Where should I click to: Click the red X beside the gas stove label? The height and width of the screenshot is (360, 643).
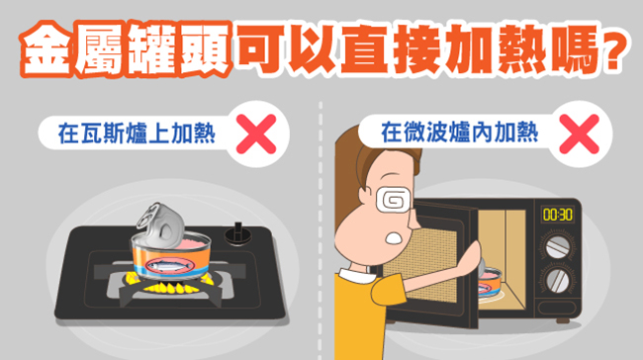click(256, 135)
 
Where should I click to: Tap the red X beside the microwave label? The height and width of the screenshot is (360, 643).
click(580, 135)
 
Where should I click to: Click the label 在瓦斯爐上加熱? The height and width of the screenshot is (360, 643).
click(137, 134)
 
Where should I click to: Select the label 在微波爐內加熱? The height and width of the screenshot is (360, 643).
click(460, 132)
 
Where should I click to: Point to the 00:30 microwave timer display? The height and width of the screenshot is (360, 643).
click(558, 215)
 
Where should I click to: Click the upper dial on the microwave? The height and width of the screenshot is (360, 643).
click(558, 247)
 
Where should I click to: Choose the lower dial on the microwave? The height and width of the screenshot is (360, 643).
click(558, 281)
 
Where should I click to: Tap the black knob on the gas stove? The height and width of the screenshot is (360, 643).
click(237, 234)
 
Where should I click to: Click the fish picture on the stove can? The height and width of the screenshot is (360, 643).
click(169, 265)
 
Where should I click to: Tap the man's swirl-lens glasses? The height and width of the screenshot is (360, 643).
click(394, 201)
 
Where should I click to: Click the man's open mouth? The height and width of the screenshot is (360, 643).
click(395, 238)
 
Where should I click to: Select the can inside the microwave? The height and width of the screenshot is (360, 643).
click(490, 281)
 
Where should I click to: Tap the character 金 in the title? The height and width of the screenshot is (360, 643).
click(46, 49)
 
